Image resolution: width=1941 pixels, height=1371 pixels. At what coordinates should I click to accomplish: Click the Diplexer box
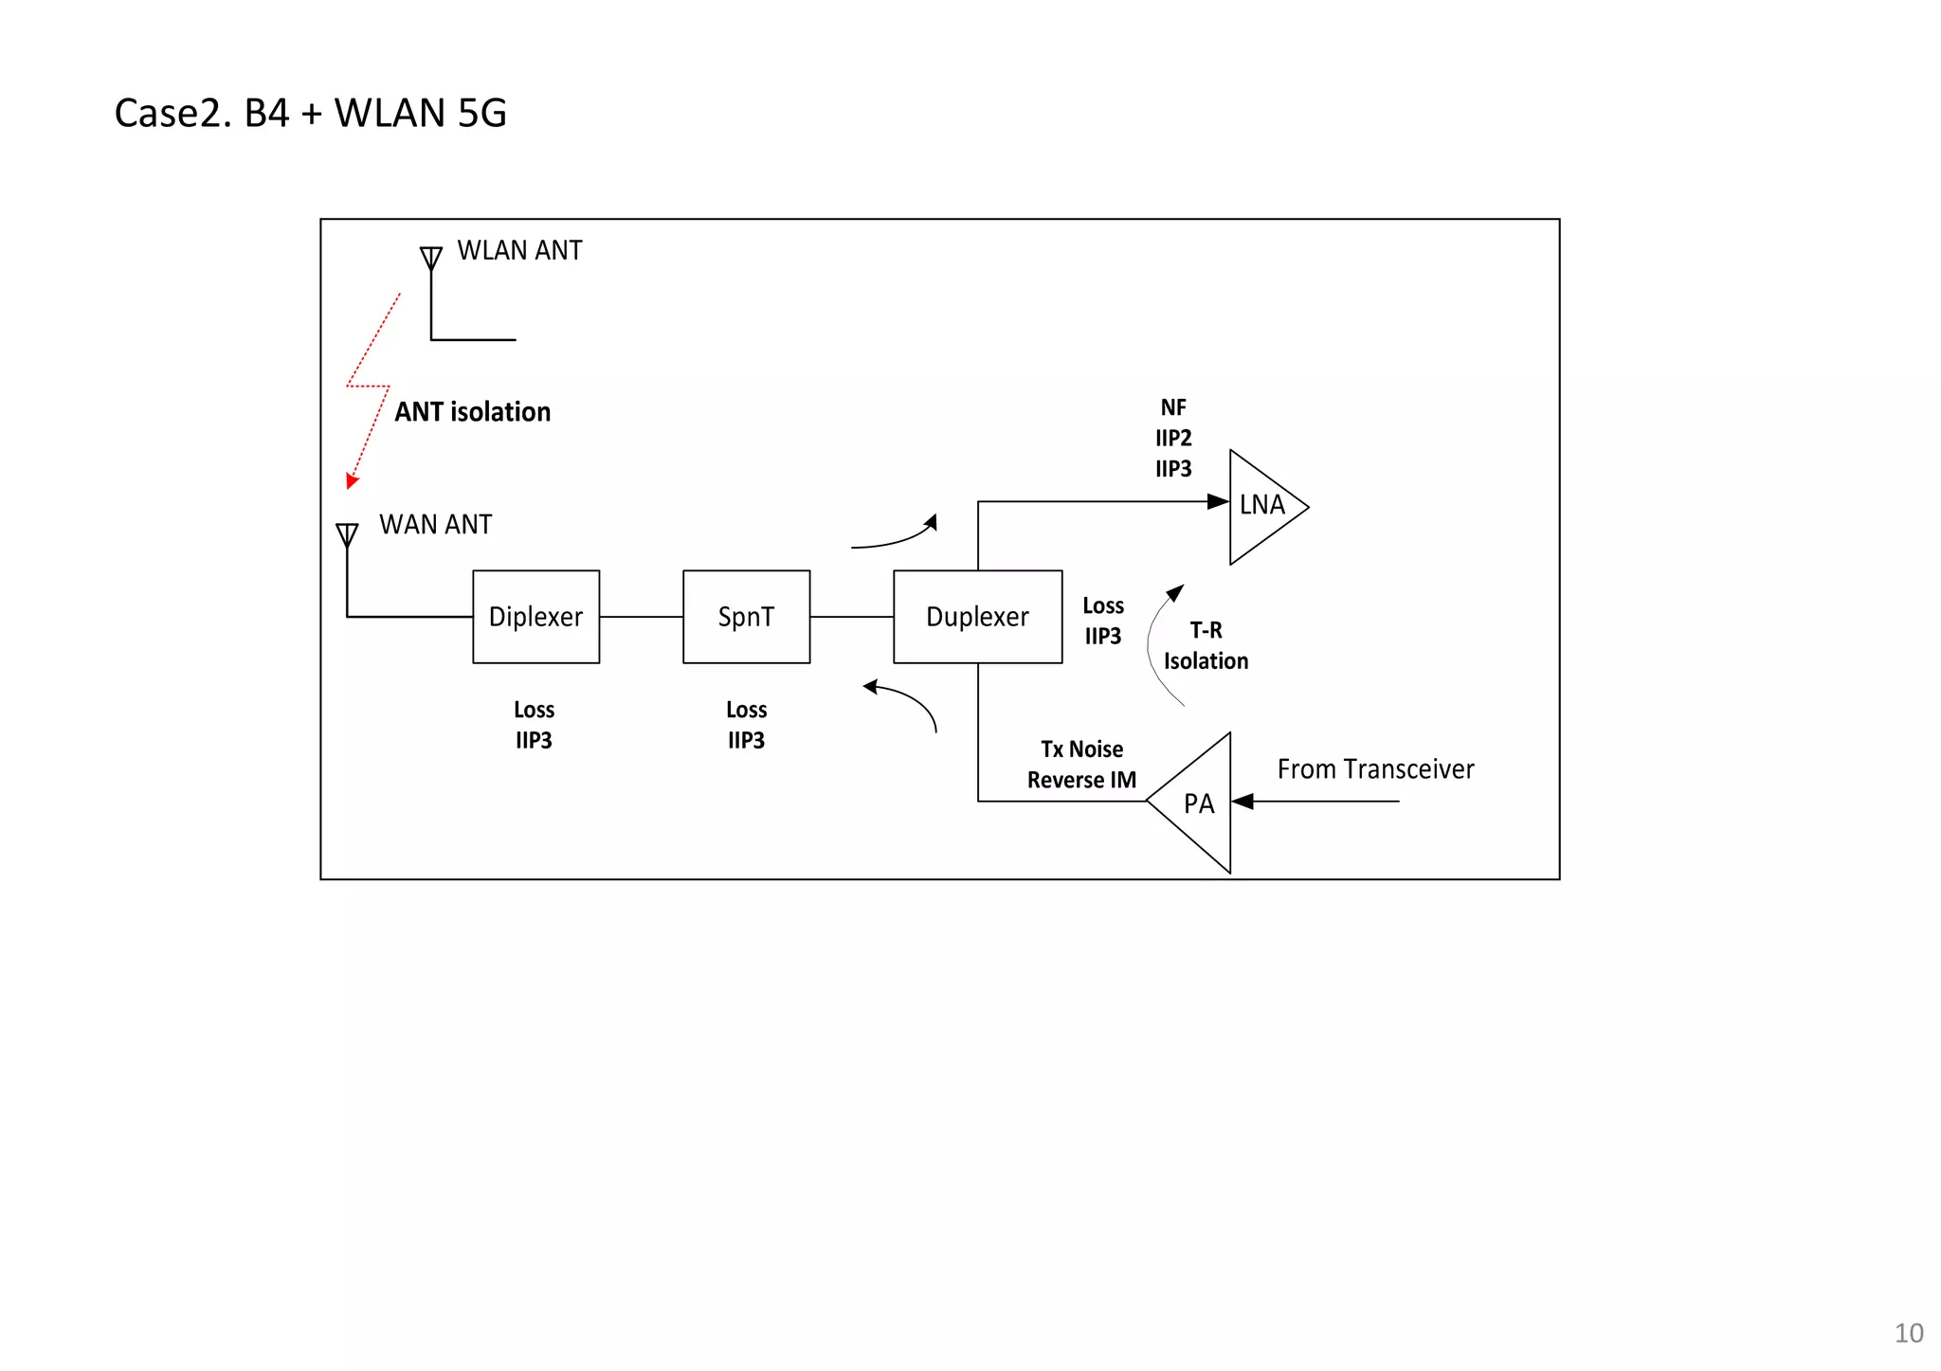[535, 617]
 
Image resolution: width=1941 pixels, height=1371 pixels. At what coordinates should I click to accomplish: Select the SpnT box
[746, 617]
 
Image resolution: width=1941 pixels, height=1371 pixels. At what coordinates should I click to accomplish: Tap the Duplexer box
[977, 617]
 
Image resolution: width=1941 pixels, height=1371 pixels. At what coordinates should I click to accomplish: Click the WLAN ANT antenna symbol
[431, 258]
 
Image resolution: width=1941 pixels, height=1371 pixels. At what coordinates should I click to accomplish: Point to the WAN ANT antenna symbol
[347, 535]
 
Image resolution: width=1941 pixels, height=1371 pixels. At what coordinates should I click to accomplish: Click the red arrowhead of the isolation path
[352, 481]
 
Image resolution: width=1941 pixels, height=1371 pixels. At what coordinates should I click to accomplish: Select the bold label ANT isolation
[472, 412]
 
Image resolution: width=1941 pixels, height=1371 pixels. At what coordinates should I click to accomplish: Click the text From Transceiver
[1375, 769]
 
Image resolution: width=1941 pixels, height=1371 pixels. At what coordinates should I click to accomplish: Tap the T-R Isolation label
[1206, 646]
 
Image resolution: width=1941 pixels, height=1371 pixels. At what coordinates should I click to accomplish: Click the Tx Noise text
[1081, 749]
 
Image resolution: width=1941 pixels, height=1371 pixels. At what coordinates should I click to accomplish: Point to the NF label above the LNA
[1173, 407]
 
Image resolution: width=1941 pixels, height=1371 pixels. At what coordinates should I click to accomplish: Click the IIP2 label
[1173, 438]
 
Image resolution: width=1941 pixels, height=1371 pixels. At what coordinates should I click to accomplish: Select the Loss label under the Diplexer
[534, 710]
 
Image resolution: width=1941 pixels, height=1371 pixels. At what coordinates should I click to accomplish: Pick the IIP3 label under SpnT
[746, 740]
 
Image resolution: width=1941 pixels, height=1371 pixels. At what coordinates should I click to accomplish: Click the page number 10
[1909, 1333]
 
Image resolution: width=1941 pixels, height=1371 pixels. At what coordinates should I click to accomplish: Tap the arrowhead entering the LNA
[1218, 501]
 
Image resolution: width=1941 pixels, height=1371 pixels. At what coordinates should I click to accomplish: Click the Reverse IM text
[1081, 780]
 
